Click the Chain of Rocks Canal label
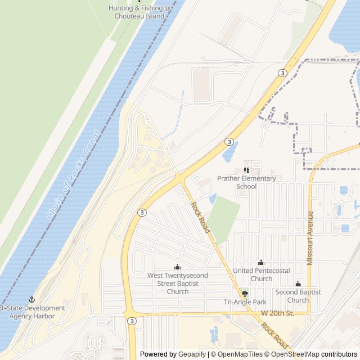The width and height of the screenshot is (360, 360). [73, 175]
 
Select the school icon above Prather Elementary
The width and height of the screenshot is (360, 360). [246, 170]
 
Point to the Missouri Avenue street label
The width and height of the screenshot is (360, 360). [309, 238]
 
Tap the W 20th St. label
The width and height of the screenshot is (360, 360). [277, 313]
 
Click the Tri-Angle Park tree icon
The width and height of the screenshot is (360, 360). [244, 294]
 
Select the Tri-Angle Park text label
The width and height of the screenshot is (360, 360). [245, 303]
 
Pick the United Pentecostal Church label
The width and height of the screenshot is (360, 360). [262, 274]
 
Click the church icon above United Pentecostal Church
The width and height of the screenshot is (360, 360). [261, 262]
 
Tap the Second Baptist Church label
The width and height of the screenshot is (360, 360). [298, 296]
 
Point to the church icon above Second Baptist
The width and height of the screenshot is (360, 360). [298, 284]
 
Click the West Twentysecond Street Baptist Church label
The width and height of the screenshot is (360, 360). [178, 283]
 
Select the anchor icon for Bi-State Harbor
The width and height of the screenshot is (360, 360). [32, 299]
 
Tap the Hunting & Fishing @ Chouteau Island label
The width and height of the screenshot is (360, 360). [141, 12]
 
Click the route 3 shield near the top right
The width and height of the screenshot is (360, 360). [282, 73]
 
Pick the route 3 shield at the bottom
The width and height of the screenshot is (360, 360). [132, 321]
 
